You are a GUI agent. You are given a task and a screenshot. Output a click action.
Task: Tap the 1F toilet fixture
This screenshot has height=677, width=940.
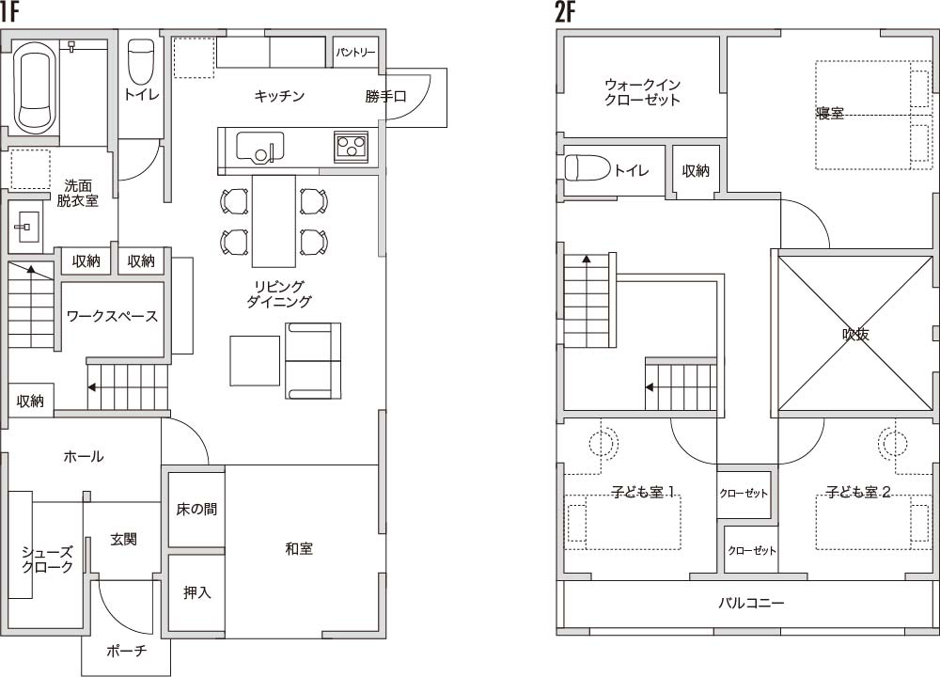click(x=142, y=62)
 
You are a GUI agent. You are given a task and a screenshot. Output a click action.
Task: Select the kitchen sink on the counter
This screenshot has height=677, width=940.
click(x=260, y=147)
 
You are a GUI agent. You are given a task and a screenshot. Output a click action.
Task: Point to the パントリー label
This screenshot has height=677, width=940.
click(x=355, y=53)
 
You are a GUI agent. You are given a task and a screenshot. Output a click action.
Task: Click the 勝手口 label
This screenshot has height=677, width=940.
click(x=385, y=96)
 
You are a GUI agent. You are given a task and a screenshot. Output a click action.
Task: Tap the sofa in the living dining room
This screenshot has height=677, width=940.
click(x=313, y=360)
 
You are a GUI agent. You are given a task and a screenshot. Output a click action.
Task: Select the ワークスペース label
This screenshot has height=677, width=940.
click(x=112, y=316)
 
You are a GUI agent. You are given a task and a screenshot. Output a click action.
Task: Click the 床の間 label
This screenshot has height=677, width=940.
click(x=196, y=509)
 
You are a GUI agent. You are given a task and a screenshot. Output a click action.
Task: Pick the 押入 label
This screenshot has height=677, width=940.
click(x=196, y=592)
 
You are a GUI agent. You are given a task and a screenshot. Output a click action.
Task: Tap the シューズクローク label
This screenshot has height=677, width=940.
click(x=47, y=559)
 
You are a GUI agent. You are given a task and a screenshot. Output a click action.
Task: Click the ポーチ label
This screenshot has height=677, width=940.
click(x=126, y=651)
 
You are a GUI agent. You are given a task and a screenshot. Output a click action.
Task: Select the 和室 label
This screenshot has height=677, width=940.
click(x=299, y=549)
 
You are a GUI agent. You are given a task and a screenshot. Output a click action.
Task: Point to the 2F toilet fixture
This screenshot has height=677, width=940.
click(x=587, y=168)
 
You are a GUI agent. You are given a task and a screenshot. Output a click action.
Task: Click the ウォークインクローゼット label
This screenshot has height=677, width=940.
click(x=642, y=92)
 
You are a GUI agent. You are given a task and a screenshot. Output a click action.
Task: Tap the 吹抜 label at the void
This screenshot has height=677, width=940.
click(x=855, y=335)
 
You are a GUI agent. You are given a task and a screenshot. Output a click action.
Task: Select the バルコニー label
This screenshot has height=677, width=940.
click(x=751, y=603)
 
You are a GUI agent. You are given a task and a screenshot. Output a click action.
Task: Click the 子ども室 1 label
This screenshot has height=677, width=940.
click(x=643, y=492)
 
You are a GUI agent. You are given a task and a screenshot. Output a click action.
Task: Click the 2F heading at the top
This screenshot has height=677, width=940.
click(x=565, y=12)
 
